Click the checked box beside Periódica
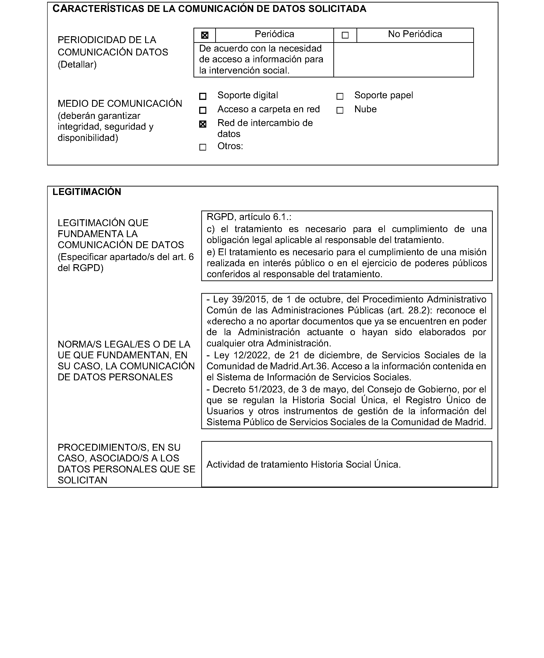(204, 35)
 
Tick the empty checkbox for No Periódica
(345, 35)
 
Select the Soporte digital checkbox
(203, 96)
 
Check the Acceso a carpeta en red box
(203, 110)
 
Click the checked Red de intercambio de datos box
(203, 124)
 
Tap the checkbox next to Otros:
(203, 147)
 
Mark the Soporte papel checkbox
(340, 96)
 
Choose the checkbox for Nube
(340, 110)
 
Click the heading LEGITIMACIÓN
(87, 192)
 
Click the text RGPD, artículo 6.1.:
(249, 217)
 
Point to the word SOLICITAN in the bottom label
(82, 480)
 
